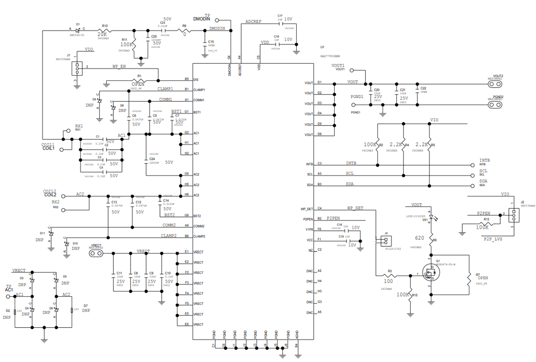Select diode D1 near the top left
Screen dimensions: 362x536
pyautogui.click(x=78, y=30)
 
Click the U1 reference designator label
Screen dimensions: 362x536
pyautogui.click(x=322, y=47)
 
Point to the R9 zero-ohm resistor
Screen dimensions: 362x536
pyautogui.click(x=184, y=31)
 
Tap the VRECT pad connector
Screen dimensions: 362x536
pyautogui.click(x=96, y=254)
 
